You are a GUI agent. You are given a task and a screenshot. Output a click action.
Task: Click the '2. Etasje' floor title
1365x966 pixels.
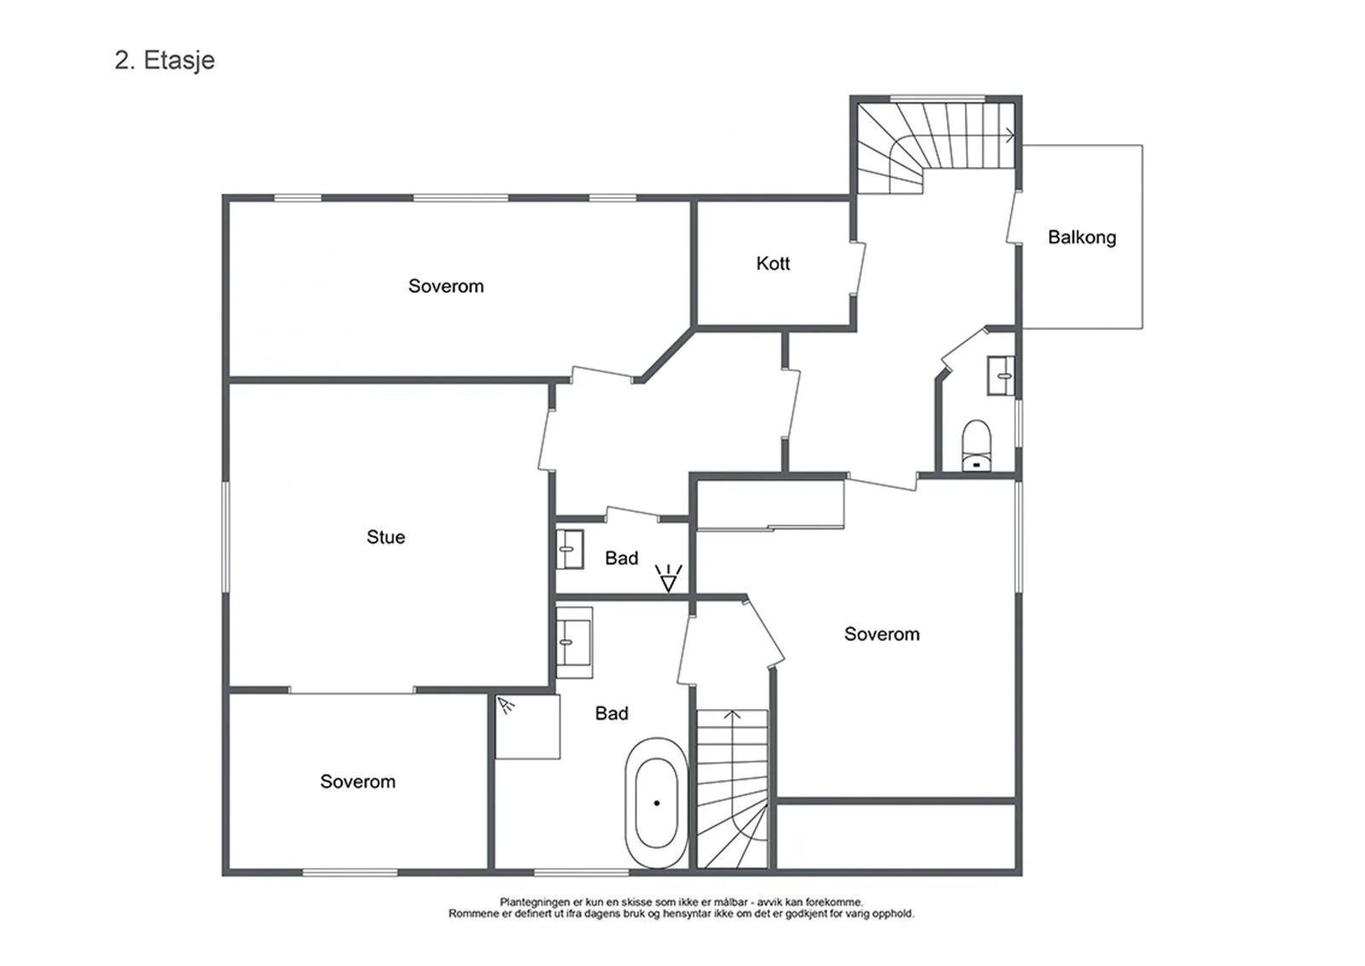point(165,61)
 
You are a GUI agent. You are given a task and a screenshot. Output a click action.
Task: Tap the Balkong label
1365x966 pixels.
point(1082,237)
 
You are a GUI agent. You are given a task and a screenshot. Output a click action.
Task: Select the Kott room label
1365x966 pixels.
point(773,264)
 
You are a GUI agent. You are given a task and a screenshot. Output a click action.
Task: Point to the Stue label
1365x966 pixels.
point(386,537)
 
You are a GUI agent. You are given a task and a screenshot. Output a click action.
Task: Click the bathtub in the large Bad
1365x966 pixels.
point(656,803)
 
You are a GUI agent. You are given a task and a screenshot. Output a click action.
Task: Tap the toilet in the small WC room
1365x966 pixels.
point(976,445)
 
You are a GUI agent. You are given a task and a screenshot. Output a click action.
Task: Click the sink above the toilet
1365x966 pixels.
point(1001,375)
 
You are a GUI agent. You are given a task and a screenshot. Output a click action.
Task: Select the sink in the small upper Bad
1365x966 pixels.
point(570,549)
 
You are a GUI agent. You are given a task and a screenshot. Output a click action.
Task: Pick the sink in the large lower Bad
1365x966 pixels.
point(574,643)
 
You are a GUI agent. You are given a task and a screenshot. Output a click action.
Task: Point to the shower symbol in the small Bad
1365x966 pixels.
point(669,579)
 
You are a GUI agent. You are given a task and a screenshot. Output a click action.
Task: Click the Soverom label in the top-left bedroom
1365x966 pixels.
point(446,286)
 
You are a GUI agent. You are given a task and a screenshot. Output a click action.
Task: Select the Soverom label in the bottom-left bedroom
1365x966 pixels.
point(357,782)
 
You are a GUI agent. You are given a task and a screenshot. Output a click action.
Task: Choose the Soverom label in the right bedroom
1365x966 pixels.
point(882,634)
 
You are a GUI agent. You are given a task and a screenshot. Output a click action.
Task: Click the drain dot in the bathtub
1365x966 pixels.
point(656,803)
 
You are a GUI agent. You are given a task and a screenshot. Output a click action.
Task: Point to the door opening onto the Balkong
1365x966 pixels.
point(1012,218)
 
